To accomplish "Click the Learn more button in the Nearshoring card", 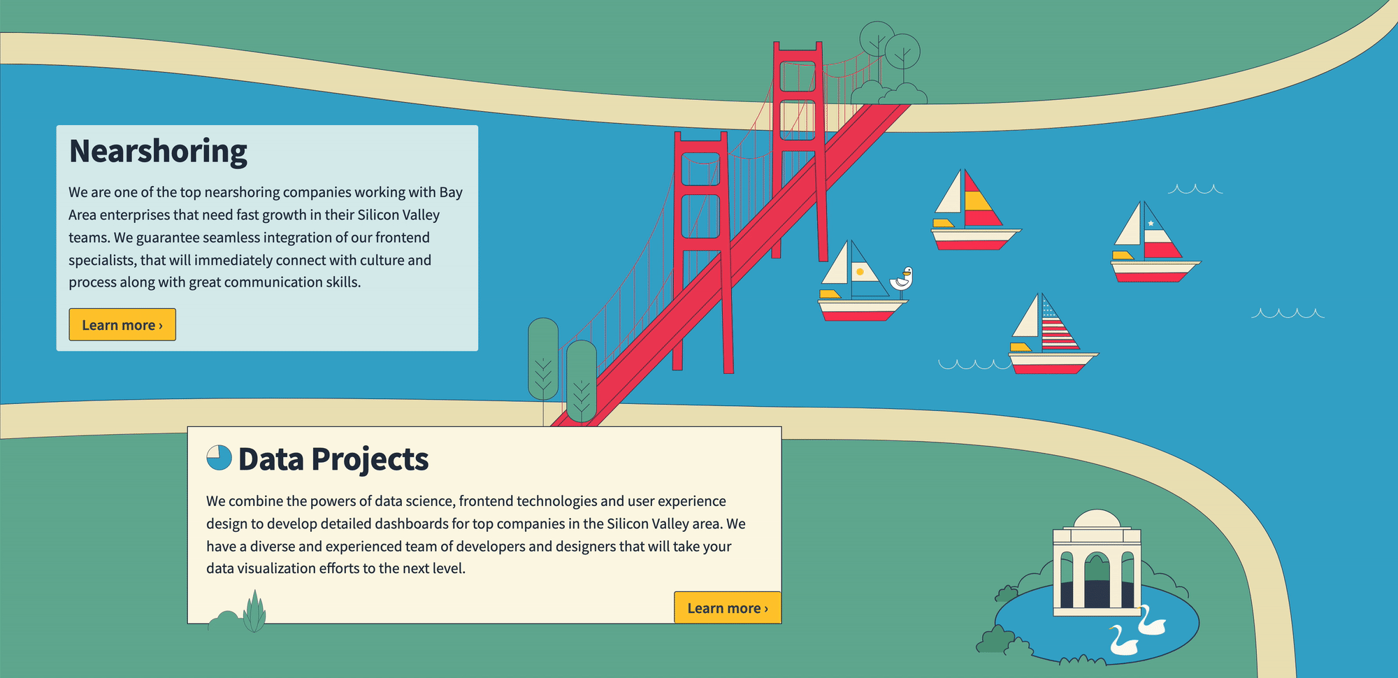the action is point(122,324).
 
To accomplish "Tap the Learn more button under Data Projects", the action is point(728,607).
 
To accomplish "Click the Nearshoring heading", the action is point(158,151).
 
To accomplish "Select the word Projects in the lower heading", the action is point(370,459).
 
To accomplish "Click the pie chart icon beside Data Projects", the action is point(219,458).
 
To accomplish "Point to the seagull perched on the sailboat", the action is point(902,280).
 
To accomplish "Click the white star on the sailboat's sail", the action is point(1151,224).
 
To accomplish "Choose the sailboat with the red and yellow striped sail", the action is point(976,209).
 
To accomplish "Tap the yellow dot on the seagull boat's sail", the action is point(860,272).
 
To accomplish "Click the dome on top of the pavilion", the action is point(1097,519).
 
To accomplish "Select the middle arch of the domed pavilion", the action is point(1097,579).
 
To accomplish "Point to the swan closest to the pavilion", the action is point(1151,621).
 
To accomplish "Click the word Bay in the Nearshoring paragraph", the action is point(451,192).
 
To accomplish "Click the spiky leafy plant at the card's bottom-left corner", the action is point(254,612).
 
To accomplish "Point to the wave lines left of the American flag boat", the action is point(974,364).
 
